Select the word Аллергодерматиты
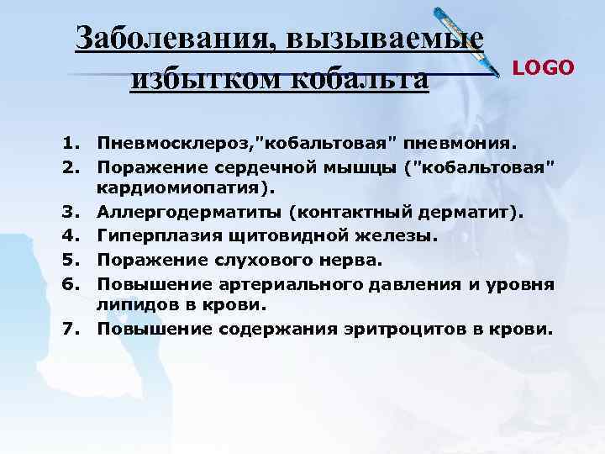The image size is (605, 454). point(192,214)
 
